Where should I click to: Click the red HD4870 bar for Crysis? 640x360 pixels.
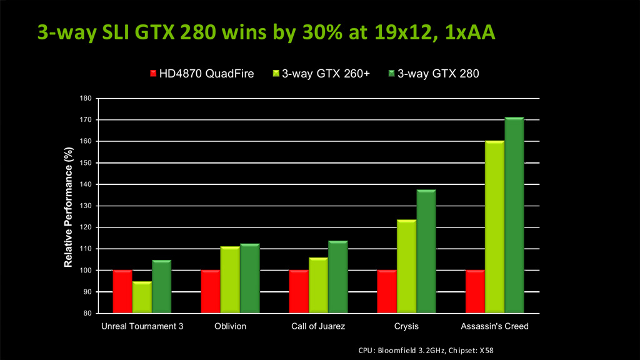pos(386,291)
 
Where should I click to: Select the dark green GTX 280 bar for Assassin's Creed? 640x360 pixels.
pos(514,215)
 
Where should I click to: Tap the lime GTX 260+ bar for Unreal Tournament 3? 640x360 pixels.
pos(142,297)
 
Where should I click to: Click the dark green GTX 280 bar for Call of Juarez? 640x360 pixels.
pos(337,276)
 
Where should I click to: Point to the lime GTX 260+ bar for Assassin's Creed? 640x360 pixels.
pos(494,226)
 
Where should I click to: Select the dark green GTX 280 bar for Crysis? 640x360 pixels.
pos(426,251)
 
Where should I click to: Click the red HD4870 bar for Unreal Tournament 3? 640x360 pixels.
pos(122,291)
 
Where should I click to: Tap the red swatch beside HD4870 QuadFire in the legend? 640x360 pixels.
pos(153,74)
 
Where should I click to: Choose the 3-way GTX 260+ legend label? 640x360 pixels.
pos(326,74)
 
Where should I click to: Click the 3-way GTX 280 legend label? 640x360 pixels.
pos(438,74)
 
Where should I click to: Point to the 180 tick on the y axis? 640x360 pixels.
pos(86,98)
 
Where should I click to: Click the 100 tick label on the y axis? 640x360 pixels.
pos(86,271)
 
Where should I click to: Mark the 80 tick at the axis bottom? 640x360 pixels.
pos(88,313)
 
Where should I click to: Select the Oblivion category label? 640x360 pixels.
pos(229,326)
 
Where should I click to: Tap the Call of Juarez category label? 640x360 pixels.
pos(318,326)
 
